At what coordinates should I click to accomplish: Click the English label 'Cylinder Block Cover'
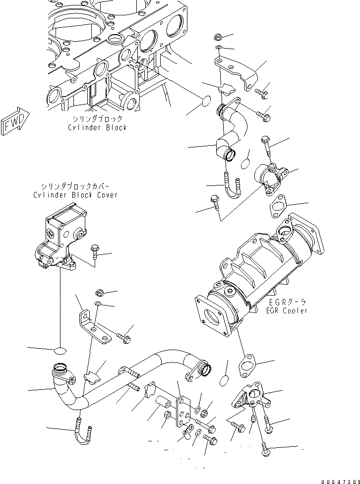point(75,195)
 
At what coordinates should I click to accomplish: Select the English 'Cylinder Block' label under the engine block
point(97,127)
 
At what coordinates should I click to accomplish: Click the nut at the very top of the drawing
point(218,36)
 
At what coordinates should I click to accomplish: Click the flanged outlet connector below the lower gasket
point(250,397)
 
